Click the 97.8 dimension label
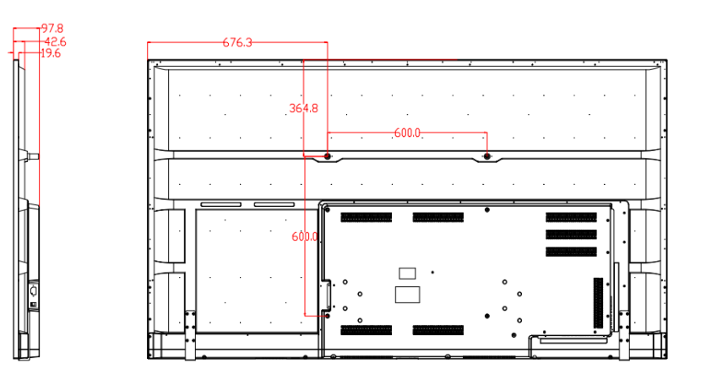tap(52, 29)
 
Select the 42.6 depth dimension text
tap(56, 42)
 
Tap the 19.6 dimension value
tap(51, 53)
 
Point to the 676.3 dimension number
tap(237, 42)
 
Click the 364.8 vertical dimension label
tap(303, 108)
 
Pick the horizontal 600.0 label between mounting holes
tap(407, 133)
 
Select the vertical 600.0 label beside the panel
tap(305, 236)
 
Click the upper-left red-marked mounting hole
tap(328, 156)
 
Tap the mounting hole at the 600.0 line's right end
tap(486, 156)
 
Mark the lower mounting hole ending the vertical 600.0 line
tap(328, 316)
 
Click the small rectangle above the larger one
tap(407, 274)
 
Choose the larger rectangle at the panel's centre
tap(408, 295)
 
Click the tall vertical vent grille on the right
tap(598, 303)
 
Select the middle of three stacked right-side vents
tap(572, 235)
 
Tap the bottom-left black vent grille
tap(366, 330)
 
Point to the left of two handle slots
tap(220, 204)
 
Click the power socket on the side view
tap(33, 290)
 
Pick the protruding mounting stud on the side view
tap(33, 157)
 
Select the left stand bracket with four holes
tap(190, 334)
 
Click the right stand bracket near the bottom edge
tap(624, 334)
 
